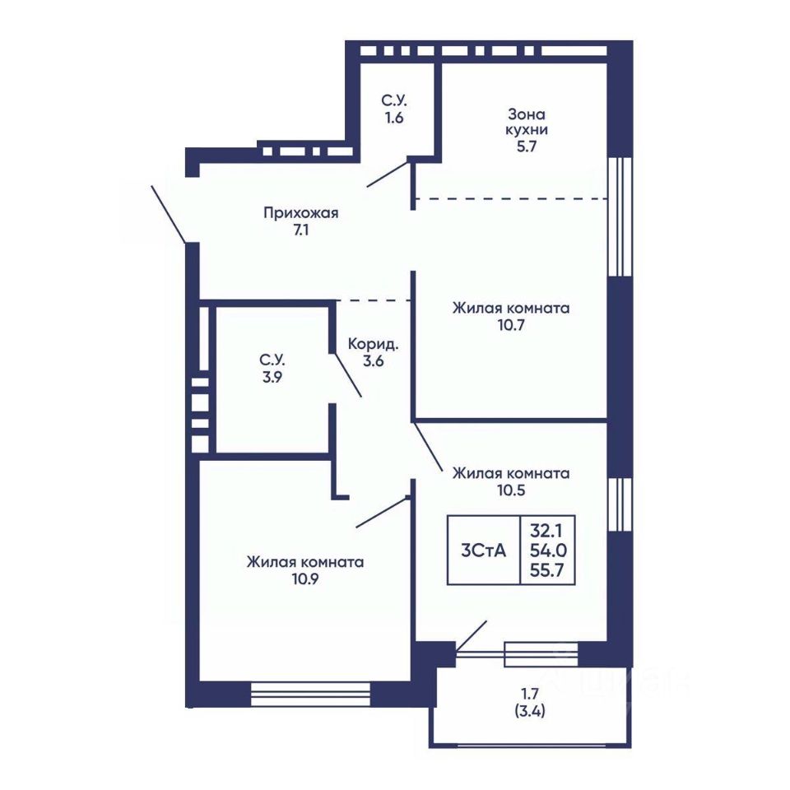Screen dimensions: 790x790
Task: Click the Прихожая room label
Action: tap(301, 213)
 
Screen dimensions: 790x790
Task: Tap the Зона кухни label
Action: tap(527, 122)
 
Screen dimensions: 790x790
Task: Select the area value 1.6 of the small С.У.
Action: tap(394, 118)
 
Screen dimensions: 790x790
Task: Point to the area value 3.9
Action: tap(272, 377)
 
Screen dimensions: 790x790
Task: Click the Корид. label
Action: tap(374, 345)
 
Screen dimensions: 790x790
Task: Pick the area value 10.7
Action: tap(511, 325)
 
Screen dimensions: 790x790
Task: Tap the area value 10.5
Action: tap(511, 490)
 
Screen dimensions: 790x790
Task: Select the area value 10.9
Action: tap(304, 579)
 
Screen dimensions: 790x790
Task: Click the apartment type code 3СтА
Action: tap(483, 551)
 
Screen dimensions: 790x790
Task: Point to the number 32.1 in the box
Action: tap(546, 531)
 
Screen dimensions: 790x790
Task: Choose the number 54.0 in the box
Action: tap(546, 551)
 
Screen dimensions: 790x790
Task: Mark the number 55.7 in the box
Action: tap(546, 570)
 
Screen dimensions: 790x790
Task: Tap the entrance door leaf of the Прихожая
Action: tap(169, 214)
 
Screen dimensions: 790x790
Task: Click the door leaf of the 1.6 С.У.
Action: tap(387, 174)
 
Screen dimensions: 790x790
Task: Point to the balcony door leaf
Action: tap(471, 636)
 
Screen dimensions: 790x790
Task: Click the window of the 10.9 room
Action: tap(310, 695)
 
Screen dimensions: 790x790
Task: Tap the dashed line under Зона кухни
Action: tap(511, 199)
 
